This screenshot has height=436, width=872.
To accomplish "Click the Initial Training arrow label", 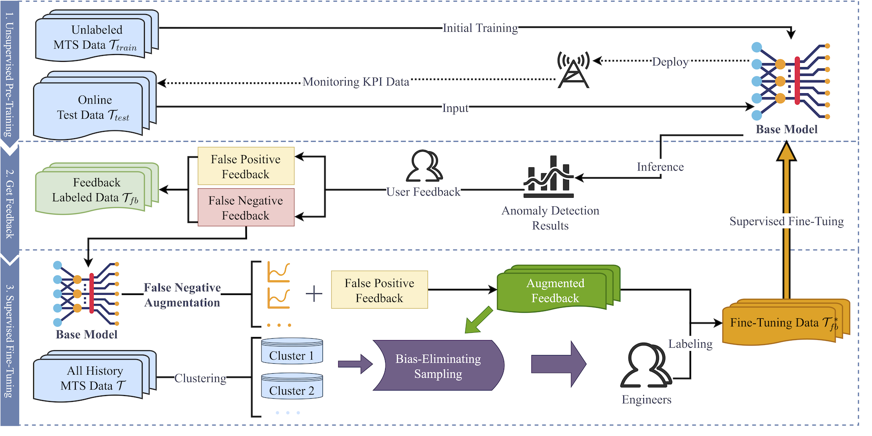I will [x=480, y=28].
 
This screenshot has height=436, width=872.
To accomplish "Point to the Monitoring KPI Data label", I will [x=356, y=82].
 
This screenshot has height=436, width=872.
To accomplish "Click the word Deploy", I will [x=670, y=61].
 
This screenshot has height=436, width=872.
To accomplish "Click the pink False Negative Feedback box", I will [x=246, y=208].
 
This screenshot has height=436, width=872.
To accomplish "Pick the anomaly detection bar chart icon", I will [x=548, y=177].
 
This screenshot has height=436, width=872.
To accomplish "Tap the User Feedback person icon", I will [x=424, y=166].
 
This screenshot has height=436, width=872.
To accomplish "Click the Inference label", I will [x=660, y=167].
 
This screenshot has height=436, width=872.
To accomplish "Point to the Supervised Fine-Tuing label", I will [x=786, y=221].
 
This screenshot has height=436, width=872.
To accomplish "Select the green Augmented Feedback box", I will [x=555, y=291].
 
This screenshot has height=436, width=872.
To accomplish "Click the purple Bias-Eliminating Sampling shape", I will [x=438, y=366].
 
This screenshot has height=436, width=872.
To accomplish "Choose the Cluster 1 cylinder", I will [x=292, y=351].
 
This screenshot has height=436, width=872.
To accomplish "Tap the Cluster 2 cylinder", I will [x=292, y=386].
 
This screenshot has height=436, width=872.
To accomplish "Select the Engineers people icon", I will [x=645, y=366].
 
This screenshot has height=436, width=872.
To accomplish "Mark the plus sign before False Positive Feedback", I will [x=314, y=294].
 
